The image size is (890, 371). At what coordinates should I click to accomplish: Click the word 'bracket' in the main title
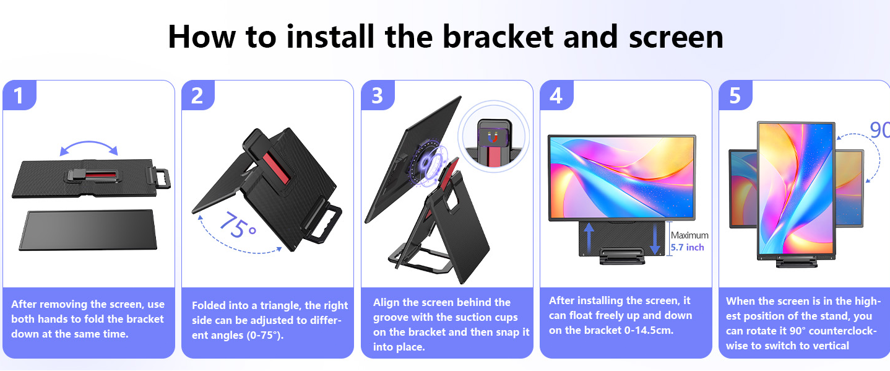tap(498, 37)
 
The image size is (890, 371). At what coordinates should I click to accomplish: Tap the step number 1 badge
tap(19, 95)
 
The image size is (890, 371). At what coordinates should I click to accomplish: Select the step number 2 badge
tap(198, 95)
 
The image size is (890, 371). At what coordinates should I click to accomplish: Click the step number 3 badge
tap(378, 95)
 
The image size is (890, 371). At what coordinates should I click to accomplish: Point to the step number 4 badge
tap(556, 95)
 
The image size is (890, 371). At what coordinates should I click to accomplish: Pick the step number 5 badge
tap(735, 95)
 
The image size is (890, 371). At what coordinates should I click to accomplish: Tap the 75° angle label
tap(238, 225)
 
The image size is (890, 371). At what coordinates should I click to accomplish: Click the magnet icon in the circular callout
tap(493, 137)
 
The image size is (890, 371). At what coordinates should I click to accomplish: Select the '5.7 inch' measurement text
tap(688, 247)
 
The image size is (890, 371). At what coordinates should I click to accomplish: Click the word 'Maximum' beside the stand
tap(689, 235)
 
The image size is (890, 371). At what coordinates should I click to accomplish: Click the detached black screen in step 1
tap(89, 230)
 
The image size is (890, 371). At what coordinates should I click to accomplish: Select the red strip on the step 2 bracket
tap(275, 167)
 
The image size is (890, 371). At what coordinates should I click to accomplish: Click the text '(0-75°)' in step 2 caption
tap(265, 335)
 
